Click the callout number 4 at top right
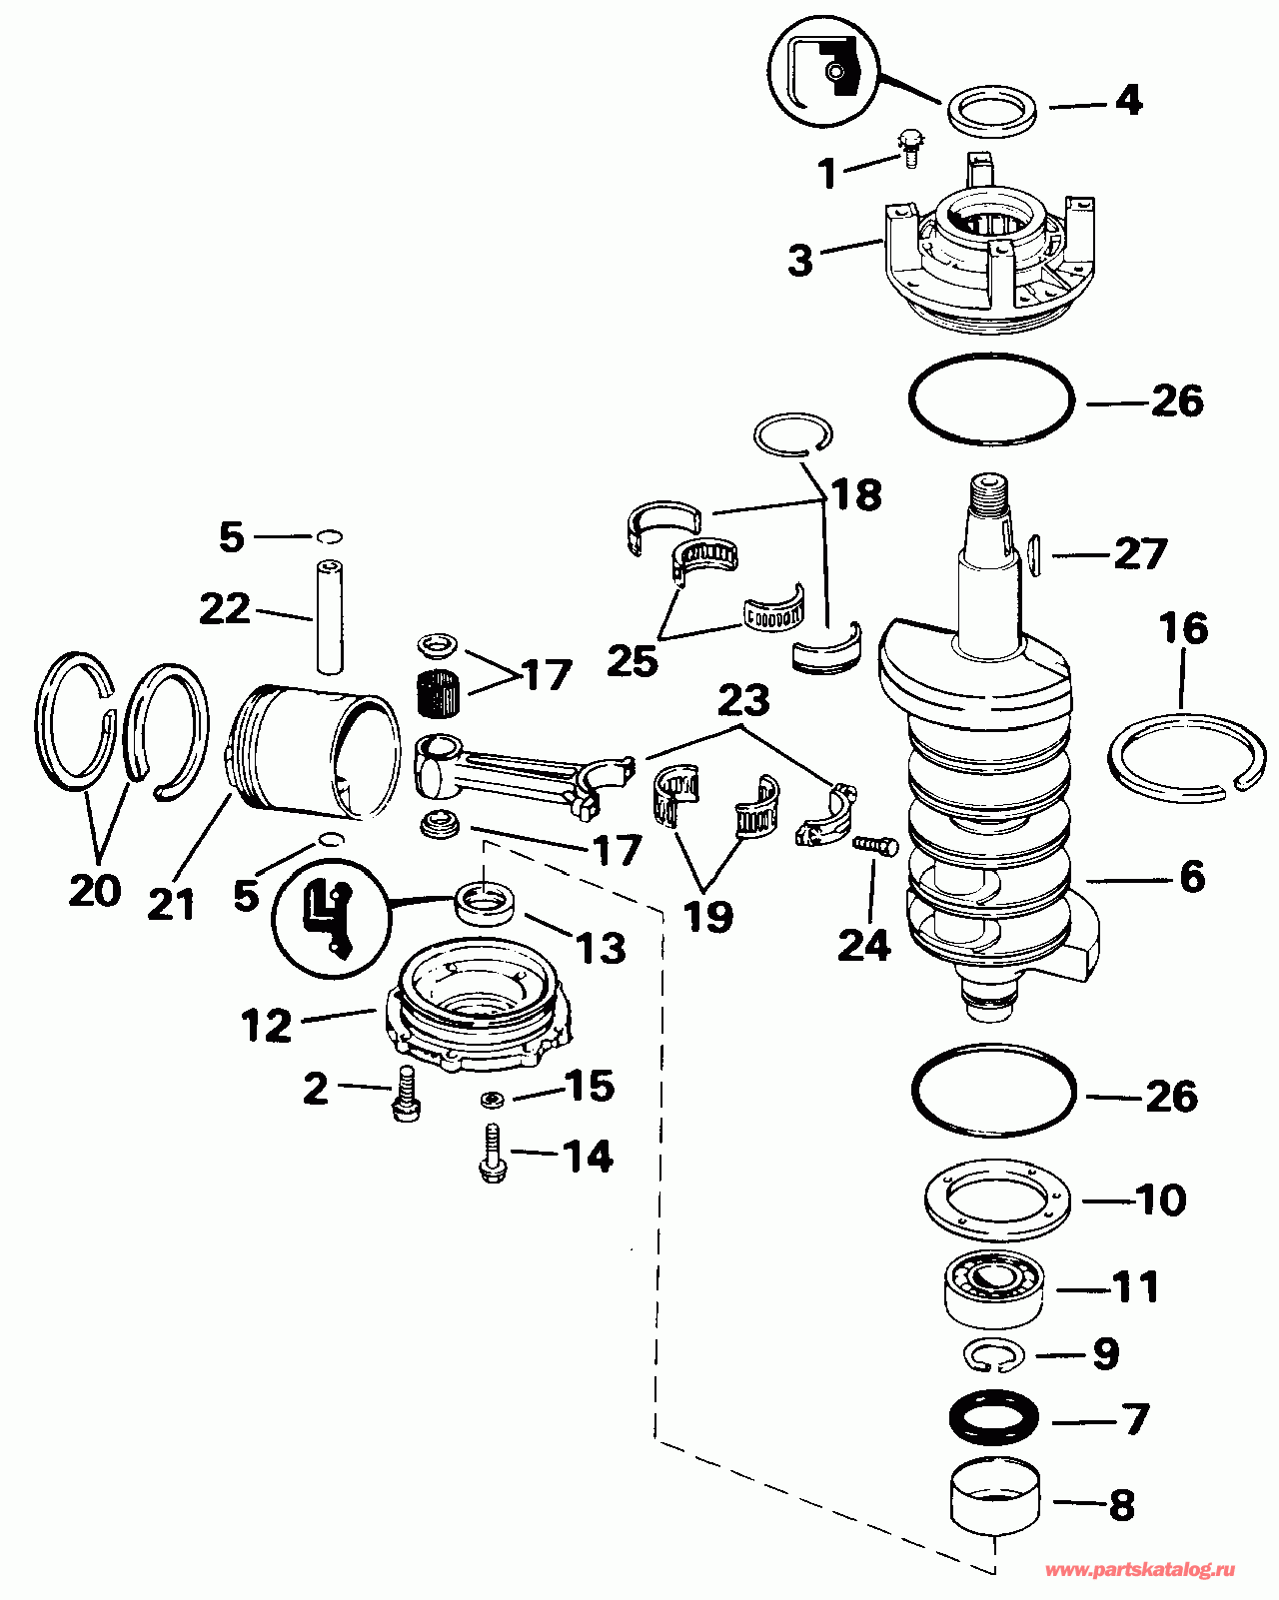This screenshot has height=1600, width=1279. click(x=1128, y=100)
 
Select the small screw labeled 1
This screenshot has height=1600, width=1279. click(x=910, y=149)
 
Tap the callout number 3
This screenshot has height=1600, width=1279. click(x=800, y=261)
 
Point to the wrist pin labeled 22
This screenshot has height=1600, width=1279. click(x=329, y=618)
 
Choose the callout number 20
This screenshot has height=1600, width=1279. click(x=95, y=890)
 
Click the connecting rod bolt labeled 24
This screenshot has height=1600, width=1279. click(x=875, y=845)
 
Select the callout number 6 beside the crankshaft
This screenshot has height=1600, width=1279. click(x=1192, y=876)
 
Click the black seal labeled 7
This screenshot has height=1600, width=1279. click(x=994, y=1418)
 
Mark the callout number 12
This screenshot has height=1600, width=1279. click(x=266, y=1026)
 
